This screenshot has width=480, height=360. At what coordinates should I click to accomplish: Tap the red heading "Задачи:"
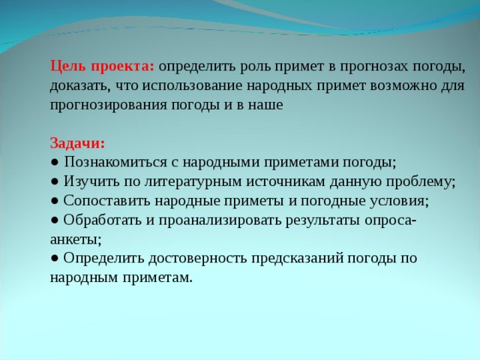78,143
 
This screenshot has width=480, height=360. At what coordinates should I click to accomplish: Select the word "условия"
401,202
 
